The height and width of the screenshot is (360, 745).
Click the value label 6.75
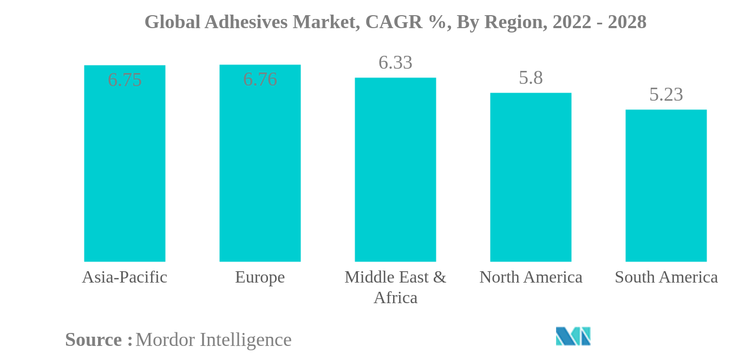(125, 80)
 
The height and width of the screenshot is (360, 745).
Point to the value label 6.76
(260, 80)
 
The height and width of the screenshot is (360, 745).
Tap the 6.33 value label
(395, 63)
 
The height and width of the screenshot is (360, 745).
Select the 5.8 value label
(531, 78)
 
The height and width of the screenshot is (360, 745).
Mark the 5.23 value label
(666, 95)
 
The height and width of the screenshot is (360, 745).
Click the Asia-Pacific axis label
(125, 277)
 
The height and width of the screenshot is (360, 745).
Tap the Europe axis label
(260, 277)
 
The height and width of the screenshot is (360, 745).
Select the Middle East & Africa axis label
(395, 287)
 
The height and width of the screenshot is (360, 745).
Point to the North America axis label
(531, 277)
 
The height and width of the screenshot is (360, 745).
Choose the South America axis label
(666, 277)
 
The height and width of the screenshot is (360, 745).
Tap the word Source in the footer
(94, 340)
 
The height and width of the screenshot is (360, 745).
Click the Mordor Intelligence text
(213, 340)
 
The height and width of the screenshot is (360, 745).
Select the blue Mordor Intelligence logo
(573, 336)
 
